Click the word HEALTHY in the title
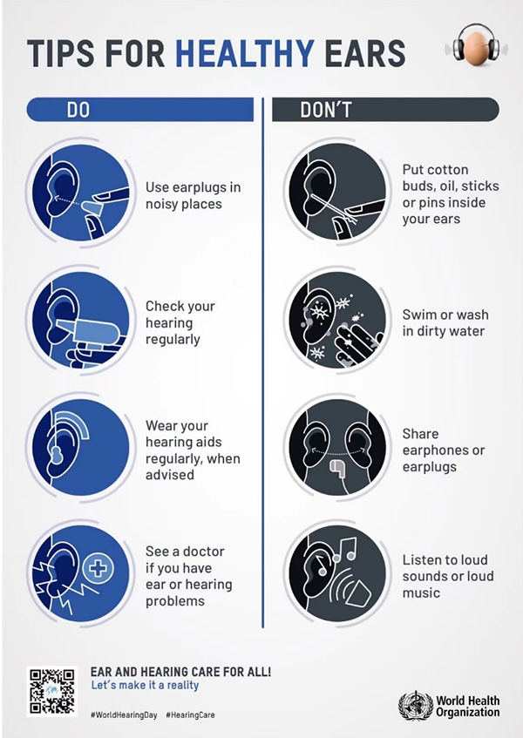pos(245,52)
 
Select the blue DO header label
pos(78,110)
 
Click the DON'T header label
pos(326,110)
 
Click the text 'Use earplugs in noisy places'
pos(193,195)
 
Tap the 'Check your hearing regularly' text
pos(180,322)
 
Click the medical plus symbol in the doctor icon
pos(98,569)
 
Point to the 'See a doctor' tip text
pos(189,576)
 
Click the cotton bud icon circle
pos(337,193)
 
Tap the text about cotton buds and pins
pos(451,194)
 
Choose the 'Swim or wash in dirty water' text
pos(445,323)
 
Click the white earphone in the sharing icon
pos(337,467)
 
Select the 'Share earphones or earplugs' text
pos(444,450)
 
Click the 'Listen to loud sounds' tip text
pos(448,576)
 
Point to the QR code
pos(52,691)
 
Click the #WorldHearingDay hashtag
pos(124,715)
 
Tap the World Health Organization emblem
pos(415,706)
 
